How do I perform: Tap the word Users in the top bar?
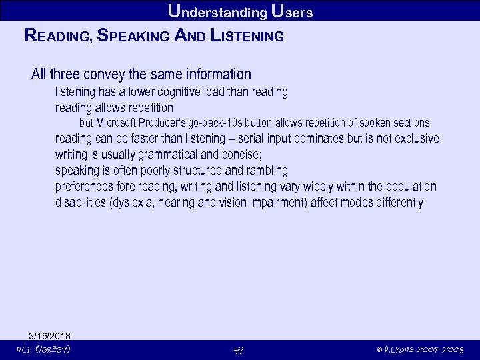[293, 11]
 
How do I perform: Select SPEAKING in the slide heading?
[133, 36]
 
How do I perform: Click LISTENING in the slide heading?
[247, 36]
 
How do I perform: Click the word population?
[409, 187]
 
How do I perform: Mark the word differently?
[393, 203]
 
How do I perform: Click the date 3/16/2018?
[49, 335]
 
